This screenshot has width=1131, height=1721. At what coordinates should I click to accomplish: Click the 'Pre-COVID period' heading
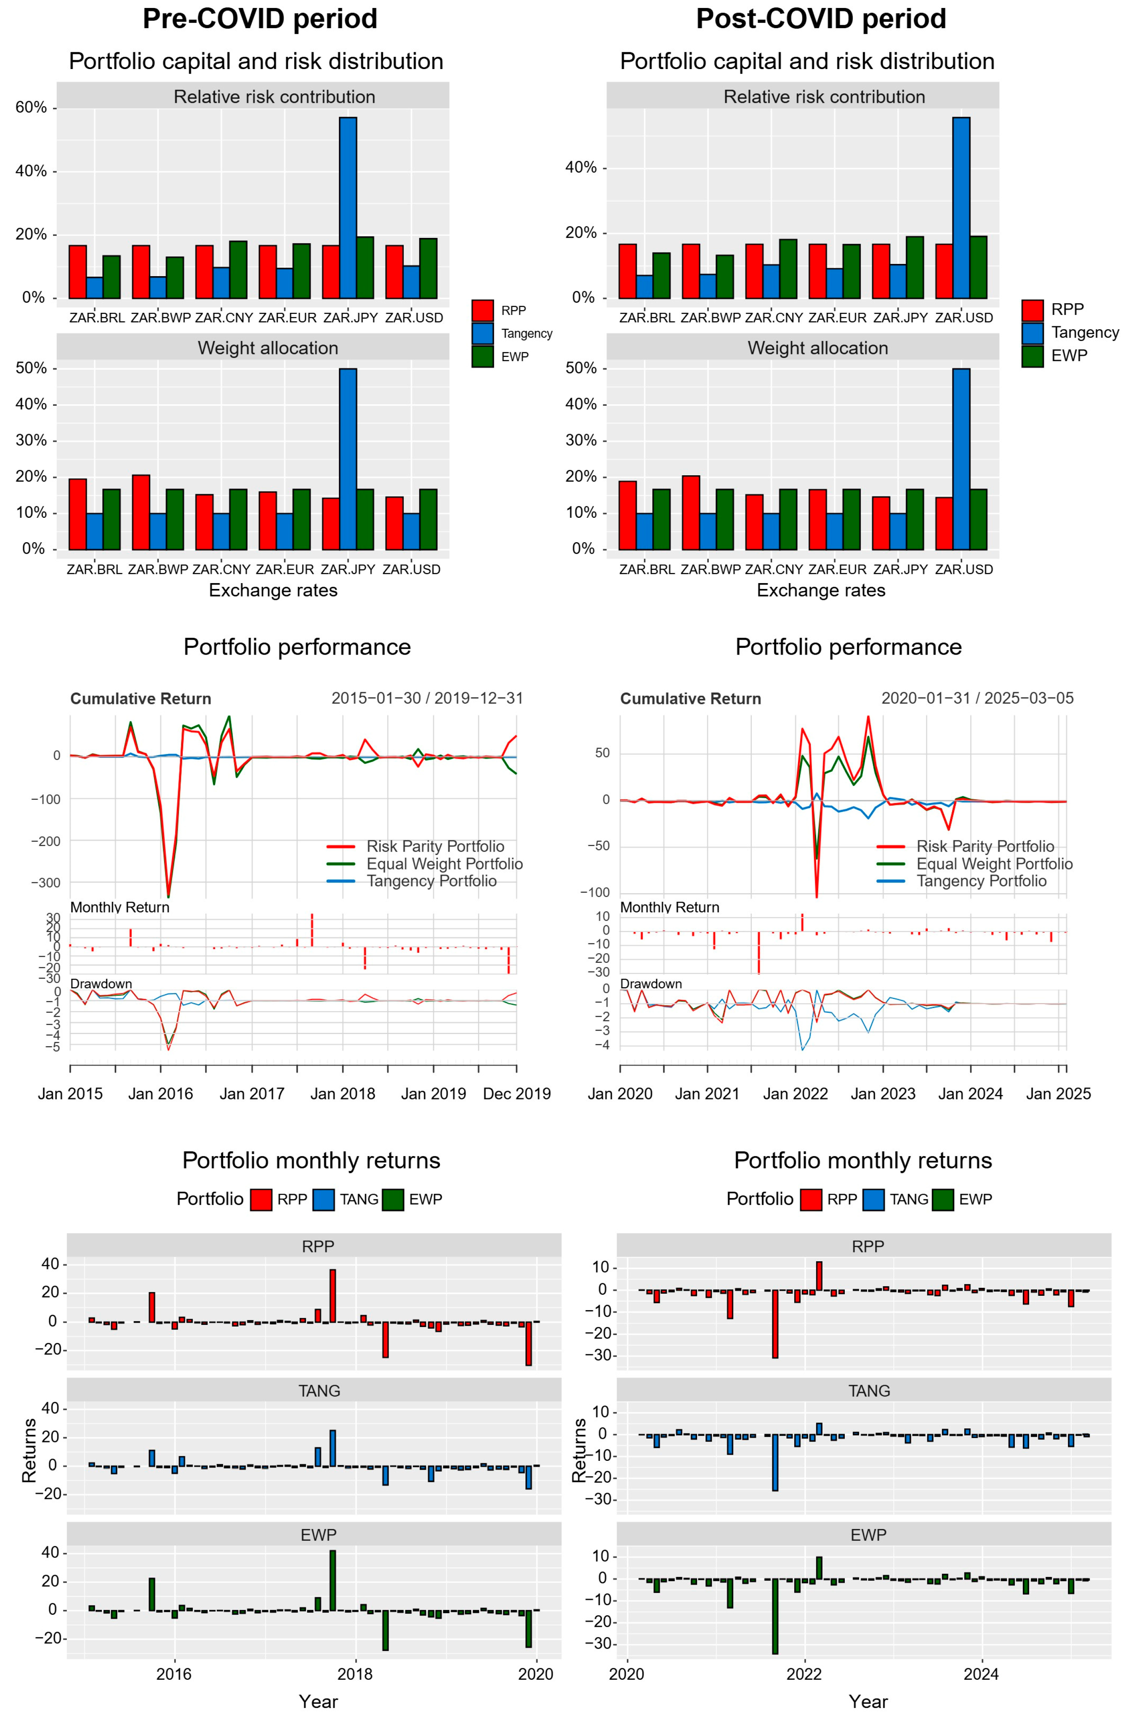coord(260,19)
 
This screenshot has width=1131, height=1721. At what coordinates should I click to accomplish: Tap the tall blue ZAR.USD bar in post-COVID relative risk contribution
coord(961,208)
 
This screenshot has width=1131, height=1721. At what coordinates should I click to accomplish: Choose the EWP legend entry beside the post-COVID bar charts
coord(1068,356)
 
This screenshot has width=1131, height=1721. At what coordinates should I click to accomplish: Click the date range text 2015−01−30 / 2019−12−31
coord(427,698)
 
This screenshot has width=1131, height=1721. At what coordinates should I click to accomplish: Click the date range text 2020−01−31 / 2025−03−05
coord(977,698)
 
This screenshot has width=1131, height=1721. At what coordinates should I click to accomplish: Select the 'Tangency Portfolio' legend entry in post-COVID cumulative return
coord(981,881)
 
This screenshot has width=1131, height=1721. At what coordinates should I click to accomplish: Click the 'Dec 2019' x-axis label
coord(516,1093)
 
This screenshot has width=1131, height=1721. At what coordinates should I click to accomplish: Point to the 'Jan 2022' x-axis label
coord(795,1093)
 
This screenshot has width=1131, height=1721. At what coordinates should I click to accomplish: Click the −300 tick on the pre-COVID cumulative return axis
coord(45,882)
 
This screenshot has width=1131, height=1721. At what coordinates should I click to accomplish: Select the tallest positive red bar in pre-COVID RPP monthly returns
coord(333,1296)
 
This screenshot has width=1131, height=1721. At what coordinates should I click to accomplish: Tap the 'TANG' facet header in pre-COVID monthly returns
coord(319,1391)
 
